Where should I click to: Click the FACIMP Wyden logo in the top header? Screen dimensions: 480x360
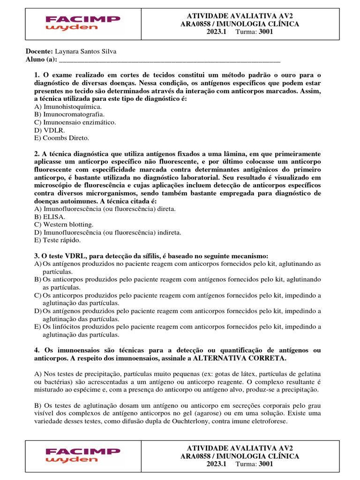[82, 23]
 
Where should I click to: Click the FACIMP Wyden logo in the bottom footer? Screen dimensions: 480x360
[82, 455]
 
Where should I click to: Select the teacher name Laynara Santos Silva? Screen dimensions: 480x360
[86, 52]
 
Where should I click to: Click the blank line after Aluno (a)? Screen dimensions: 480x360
[169, 60]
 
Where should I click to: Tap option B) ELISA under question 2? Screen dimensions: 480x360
[50, 217]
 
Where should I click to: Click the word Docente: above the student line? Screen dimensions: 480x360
[39, 52]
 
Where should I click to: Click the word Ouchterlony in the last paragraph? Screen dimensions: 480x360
[212, 421]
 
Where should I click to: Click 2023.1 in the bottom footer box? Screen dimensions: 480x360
[217, 464]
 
